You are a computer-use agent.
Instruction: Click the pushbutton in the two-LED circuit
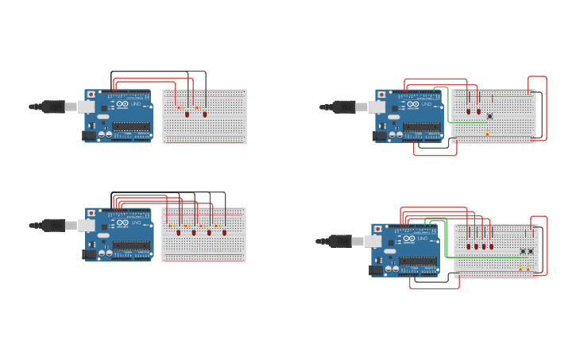pyautogui.click(x=489, y=116)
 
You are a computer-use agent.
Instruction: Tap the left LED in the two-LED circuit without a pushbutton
pyautogui.click(x=187, y=114)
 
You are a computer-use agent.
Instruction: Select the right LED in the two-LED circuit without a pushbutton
pyautogui.click(x=205, y=114)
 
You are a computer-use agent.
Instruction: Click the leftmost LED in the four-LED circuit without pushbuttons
pyautogui.click(x=178, y=232)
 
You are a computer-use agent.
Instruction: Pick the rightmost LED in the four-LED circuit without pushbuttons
pyautogui.click(x=224, y=232)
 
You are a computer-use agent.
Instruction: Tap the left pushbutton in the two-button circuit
pyautogui.click(x=523, y=251)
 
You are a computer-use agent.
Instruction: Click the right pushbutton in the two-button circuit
pyautogui.click(x=531, y=251)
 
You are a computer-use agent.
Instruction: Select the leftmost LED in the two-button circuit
pyautogui.click(x=469, y=246)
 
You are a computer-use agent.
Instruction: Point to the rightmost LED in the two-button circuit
pyautogui.click(x=491, y=246)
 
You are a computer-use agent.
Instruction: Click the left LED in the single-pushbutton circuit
pyautogui.click(x=469, y=111)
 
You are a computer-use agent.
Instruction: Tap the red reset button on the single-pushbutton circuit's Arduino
pyautogui.click(x=381, y=95)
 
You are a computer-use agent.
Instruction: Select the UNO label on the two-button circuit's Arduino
pyautogui.click(x=422, y=238)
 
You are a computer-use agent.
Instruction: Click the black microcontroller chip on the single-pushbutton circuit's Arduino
pyautogui.click(x=421, y=127)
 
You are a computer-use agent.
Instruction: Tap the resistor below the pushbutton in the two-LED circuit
pyautogui.click(x=487, y=133)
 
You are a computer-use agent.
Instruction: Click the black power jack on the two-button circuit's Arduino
pyautogui.click(x=376, y=270)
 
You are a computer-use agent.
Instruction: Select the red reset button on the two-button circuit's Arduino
pyautogui.click(x=377, y=229)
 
